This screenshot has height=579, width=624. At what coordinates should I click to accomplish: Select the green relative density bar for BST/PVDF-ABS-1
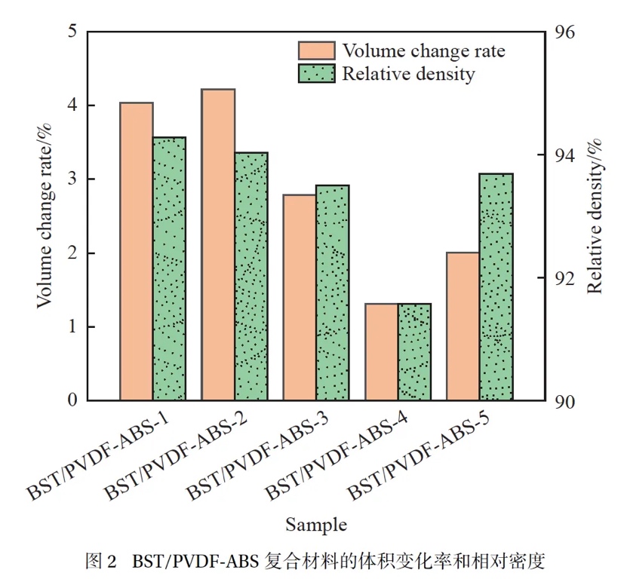tap(169, 268)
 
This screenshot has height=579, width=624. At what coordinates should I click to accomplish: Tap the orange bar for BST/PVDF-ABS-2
tap(218, 244)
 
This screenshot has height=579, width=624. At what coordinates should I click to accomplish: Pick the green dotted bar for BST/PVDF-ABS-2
tap(251, 276)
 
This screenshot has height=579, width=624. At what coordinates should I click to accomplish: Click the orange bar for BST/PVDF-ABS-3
tap(300, 297)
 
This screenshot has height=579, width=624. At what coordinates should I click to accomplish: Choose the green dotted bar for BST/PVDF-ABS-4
tap(414, 351)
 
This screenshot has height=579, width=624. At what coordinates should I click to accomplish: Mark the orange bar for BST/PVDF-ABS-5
tap(463, 326)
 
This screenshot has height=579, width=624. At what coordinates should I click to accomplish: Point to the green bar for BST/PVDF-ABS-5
tap(496, 286)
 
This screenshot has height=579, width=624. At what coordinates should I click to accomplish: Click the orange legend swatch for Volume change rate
tap(316, 51)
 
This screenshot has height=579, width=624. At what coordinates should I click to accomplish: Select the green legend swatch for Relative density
tap(316, 74)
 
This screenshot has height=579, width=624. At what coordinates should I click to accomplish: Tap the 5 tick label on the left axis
tap(72, 32)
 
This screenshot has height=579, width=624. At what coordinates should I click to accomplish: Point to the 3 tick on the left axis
tap(72, 179)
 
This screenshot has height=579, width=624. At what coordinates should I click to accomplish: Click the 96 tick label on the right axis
tap(566, 35)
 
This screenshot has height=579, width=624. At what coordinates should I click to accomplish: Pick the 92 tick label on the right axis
tap(566, 278)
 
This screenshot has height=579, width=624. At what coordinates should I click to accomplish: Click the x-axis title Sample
tap(316, 524)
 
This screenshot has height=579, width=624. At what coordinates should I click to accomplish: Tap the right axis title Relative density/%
tap(595, 216)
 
